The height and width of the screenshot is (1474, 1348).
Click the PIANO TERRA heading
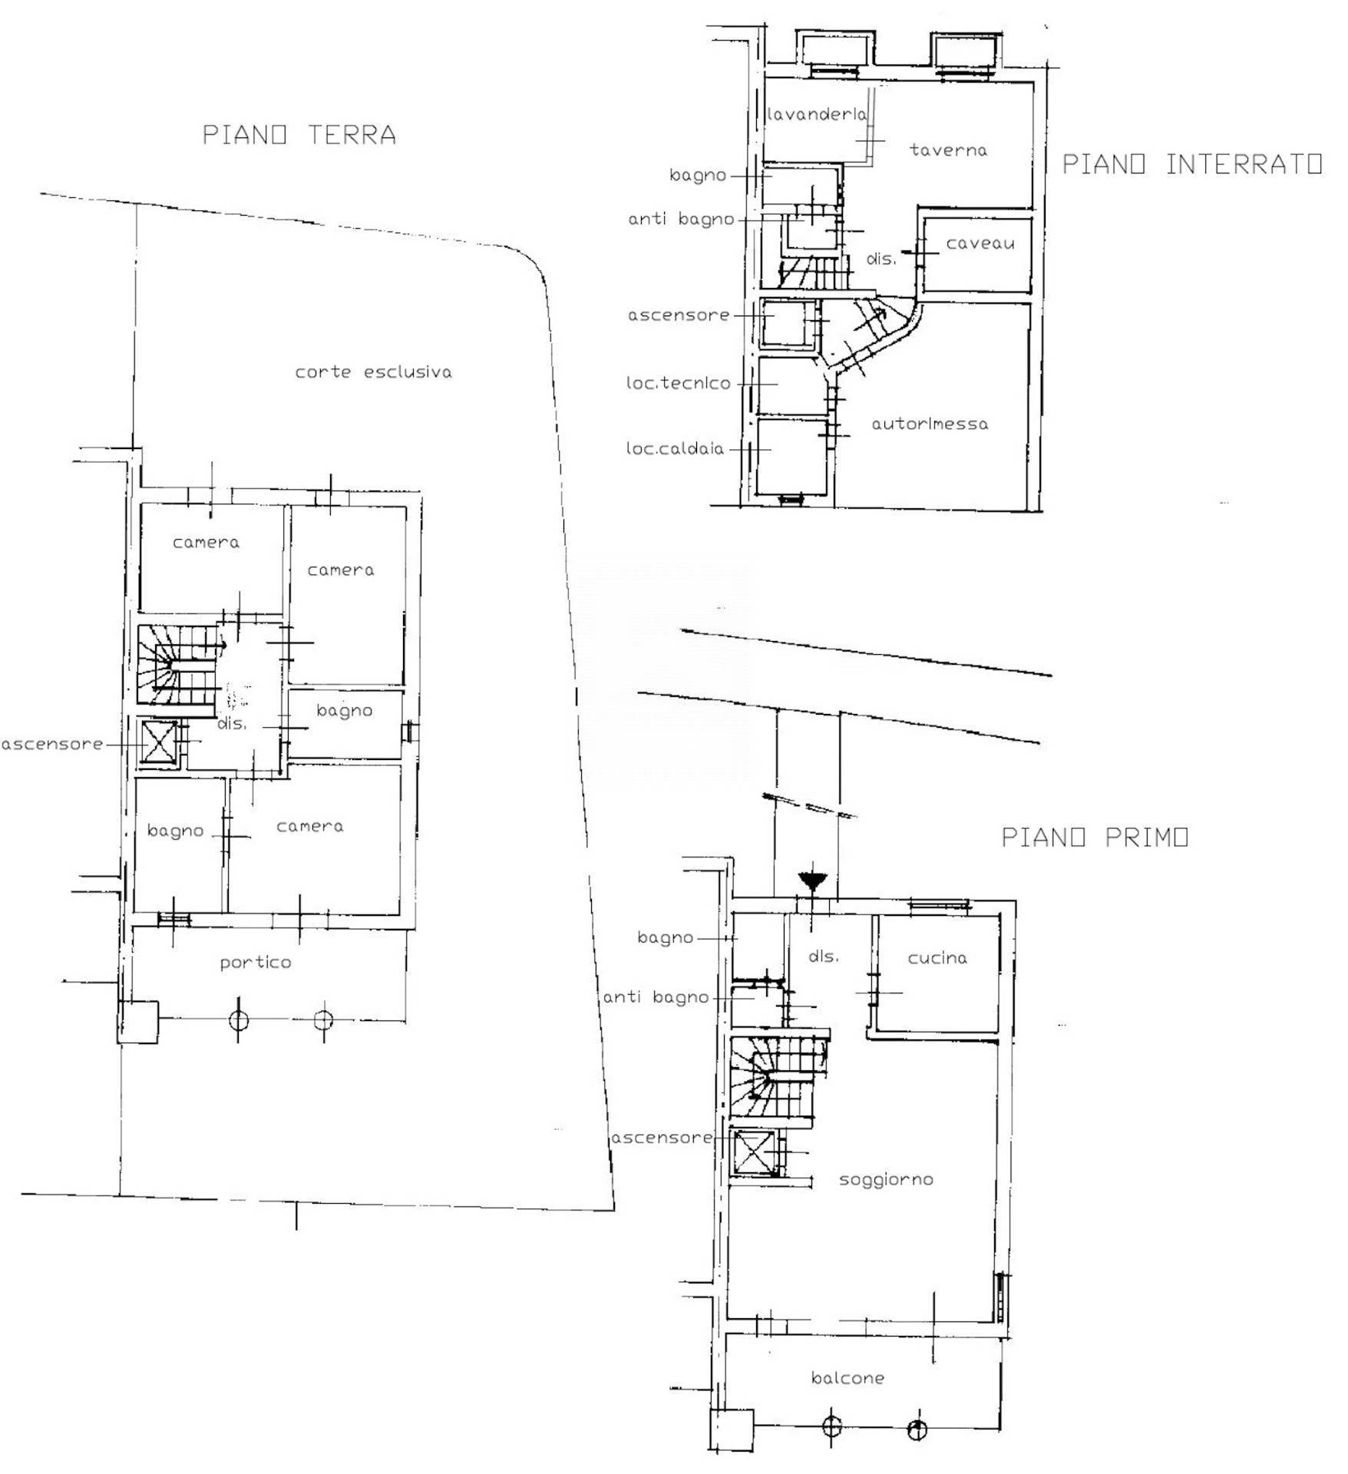point(299,135)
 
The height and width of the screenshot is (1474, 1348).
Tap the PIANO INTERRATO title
point(1191,164)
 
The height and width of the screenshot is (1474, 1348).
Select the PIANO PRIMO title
point(1095,837)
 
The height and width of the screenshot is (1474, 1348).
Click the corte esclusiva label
point(374,372)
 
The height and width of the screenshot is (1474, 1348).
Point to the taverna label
point(948,150)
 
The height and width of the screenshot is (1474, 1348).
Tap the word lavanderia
point(817,115)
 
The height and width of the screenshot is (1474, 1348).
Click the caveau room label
point(980,244)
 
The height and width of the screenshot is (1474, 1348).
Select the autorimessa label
point(930,424)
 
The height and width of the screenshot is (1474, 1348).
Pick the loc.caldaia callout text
point(676,449)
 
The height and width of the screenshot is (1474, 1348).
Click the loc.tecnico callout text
point(679,383)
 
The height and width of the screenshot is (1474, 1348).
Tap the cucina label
point(937,958)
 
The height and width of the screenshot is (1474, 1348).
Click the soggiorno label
point(886,1179)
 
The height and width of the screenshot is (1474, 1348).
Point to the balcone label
point(847,1378)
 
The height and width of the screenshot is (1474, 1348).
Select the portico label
point(256,963)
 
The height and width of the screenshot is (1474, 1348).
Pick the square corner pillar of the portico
point(139,1022)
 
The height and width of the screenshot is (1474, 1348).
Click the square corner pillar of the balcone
point(731,1430)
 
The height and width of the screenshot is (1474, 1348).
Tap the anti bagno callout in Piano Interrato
point(681,220)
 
